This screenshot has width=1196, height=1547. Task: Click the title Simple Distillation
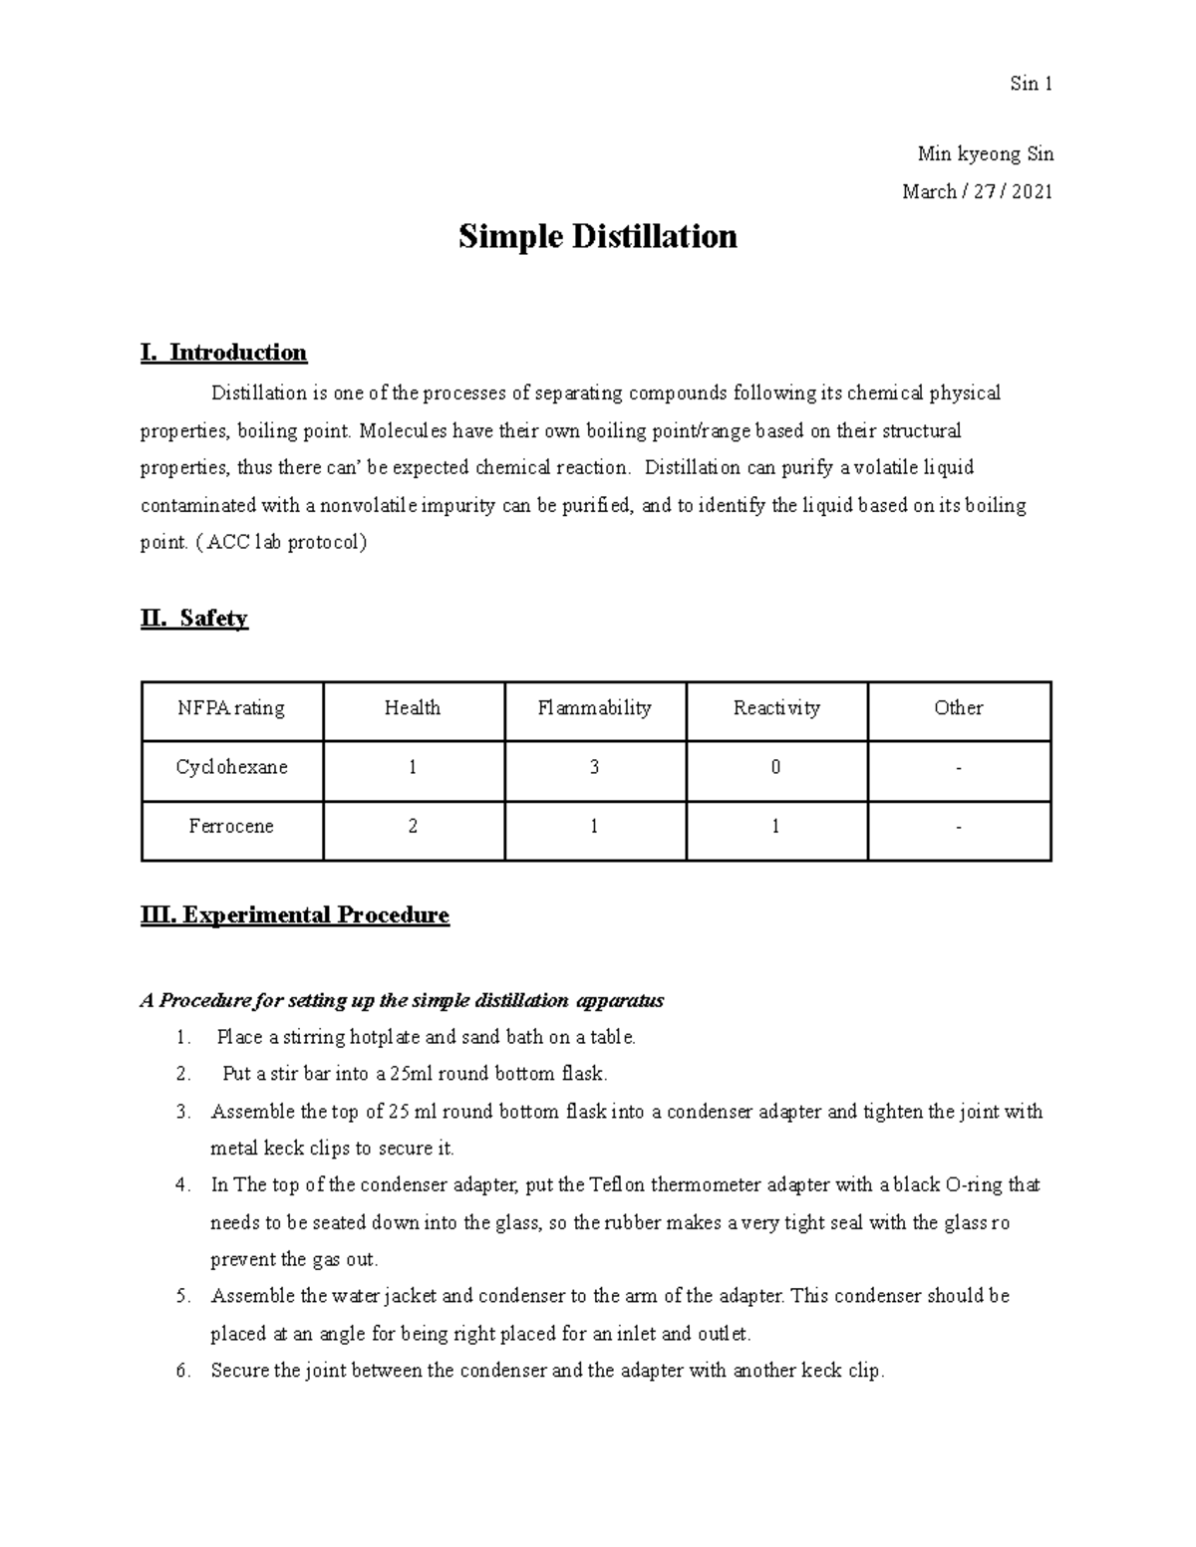tap(597, 237)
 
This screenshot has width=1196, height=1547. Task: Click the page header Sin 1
tap(1031, 84)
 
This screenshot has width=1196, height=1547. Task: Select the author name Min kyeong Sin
tap(985, 154)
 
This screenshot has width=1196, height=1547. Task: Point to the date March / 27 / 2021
tap(977, 191)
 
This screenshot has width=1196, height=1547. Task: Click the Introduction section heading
tap(224, 353)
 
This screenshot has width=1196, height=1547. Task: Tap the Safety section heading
tap(194, 619)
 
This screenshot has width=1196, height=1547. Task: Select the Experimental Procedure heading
tap(295, 915)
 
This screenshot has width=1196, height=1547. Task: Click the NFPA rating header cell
tap(231, 708)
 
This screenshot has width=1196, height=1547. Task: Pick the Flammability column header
tap(594, 708)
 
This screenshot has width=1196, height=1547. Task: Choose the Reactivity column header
tap(776, 708)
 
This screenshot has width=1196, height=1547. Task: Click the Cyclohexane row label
tap(231, 767)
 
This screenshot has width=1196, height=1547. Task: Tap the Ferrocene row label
tap(231, 826)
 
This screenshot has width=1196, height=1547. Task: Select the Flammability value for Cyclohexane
tap(594, 767)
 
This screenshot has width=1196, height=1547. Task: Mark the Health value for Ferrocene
tap(413, 826)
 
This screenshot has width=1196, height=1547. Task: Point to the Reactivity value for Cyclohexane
tap(775, 767)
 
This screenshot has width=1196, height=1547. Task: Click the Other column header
tap(959, 708)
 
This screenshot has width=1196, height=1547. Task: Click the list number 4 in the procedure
tap(182, 1185)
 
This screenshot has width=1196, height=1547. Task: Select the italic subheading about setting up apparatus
tap(402, 1000)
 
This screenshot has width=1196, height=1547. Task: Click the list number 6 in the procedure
tap(182, 1371)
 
